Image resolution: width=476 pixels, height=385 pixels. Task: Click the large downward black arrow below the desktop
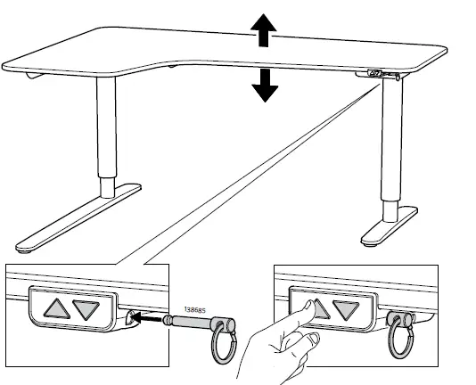point(264,85)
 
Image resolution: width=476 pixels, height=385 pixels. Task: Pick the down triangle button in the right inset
point(346,309)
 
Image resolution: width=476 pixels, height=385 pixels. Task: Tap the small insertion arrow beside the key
point(153,315)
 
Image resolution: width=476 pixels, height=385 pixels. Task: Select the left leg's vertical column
point(106,134)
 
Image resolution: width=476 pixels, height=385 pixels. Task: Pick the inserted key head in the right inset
point(398,315)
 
